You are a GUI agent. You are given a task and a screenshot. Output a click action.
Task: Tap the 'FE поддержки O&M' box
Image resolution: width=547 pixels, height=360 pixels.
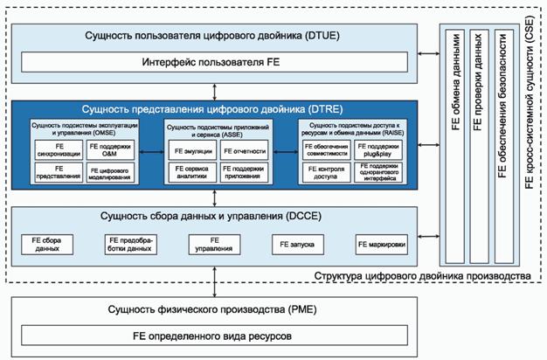pyautogui.click(x=109, y=149)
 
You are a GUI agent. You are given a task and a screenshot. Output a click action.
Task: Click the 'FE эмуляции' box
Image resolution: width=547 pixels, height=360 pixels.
pyautogui.click(x=190, y=150)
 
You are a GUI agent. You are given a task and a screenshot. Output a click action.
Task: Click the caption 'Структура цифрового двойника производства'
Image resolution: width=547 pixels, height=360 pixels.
pyautogui.click(x=421, y=276)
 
